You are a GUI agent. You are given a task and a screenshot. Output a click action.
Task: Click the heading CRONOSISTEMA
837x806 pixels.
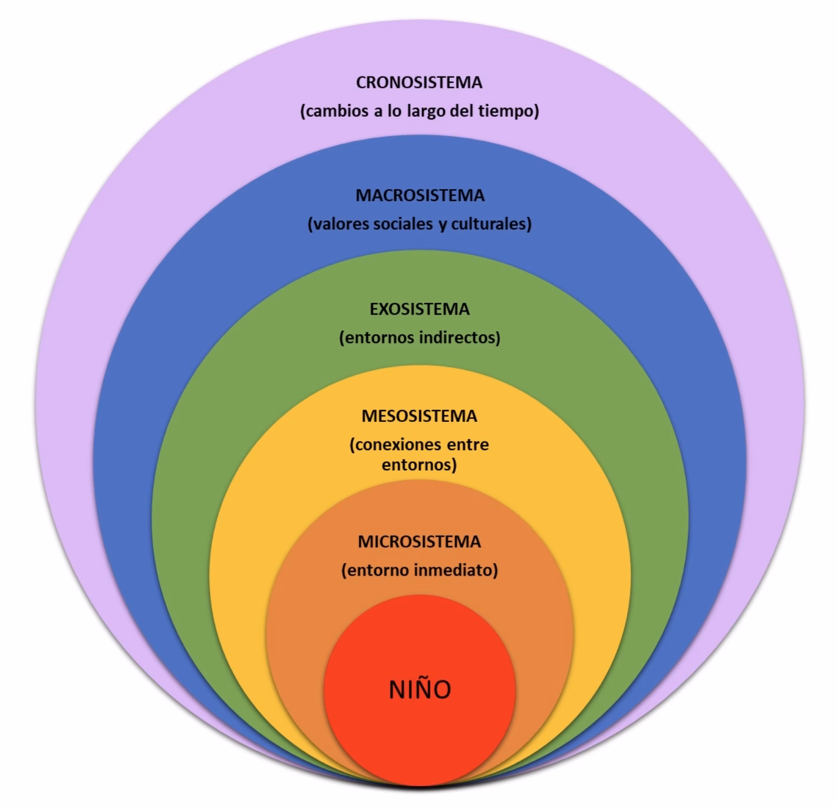(x=419, y=82)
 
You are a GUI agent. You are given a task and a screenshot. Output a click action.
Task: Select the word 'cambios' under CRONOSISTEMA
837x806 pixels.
(x=334, y=111)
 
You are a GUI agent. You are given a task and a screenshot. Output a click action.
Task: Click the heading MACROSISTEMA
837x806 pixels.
(x=420, y=196)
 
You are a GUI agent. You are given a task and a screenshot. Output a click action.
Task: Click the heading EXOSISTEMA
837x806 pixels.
(x=420, y=309)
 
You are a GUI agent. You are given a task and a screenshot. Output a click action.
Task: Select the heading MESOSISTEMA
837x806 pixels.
(x=419, y=417)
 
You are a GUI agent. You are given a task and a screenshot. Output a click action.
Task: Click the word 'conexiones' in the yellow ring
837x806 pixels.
(x=395, y=444)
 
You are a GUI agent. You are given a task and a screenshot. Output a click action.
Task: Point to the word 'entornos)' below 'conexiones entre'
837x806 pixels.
(x=419, y=465)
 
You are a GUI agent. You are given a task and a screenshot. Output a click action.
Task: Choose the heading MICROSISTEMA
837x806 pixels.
(x=419, y=542)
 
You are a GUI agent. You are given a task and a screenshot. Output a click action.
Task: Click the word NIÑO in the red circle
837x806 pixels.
(x=420, y=689)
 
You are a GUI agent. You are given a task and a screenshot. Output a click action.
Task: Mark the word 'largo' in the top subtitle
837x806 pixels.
(x=424, y=111)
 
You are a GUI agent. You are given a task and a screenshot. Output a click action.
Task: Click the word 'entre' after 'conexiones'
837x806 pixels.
(x=469, y=444)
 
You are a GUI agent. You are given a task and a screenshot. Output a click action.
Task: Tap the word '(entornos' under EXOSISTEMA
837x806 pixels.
(x=377, y=338)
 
